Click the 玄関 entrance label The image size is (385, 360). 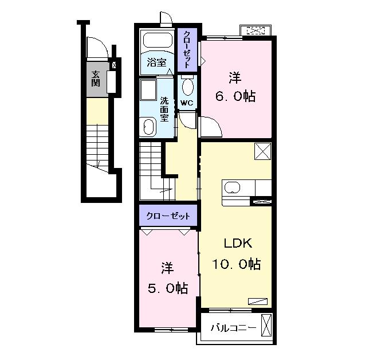coord(96,79)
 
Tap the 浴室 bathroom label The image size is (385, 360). coord(156,62)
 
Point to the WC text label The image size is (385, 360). coord(187,103)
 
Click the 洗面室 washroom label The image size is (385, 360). coord(164,109)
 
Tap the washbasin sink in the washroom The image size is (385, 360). coord(148,127)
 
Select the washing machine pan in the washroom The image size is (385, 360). coord(148,89)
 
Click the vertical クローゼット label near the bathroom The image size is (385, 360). coord(187,49)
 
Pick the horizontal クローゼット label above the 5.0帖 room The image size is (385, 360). coord(168,216)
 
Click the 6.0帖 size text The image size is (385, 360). coord(235,96)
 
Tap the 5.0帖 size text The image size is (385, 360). coord(168,288)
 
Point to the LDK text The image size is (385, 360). coord(238,243)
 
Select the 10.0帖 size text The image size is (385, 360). coord(236,264)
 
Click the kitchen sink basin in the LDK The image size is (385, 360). coord(232,188)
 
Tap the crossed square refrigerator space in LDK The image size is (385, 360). coord(263,151)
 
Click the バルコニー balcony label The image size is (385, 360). coord(234,328)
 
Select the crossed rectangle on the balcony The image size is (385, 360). coord(266,325)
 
